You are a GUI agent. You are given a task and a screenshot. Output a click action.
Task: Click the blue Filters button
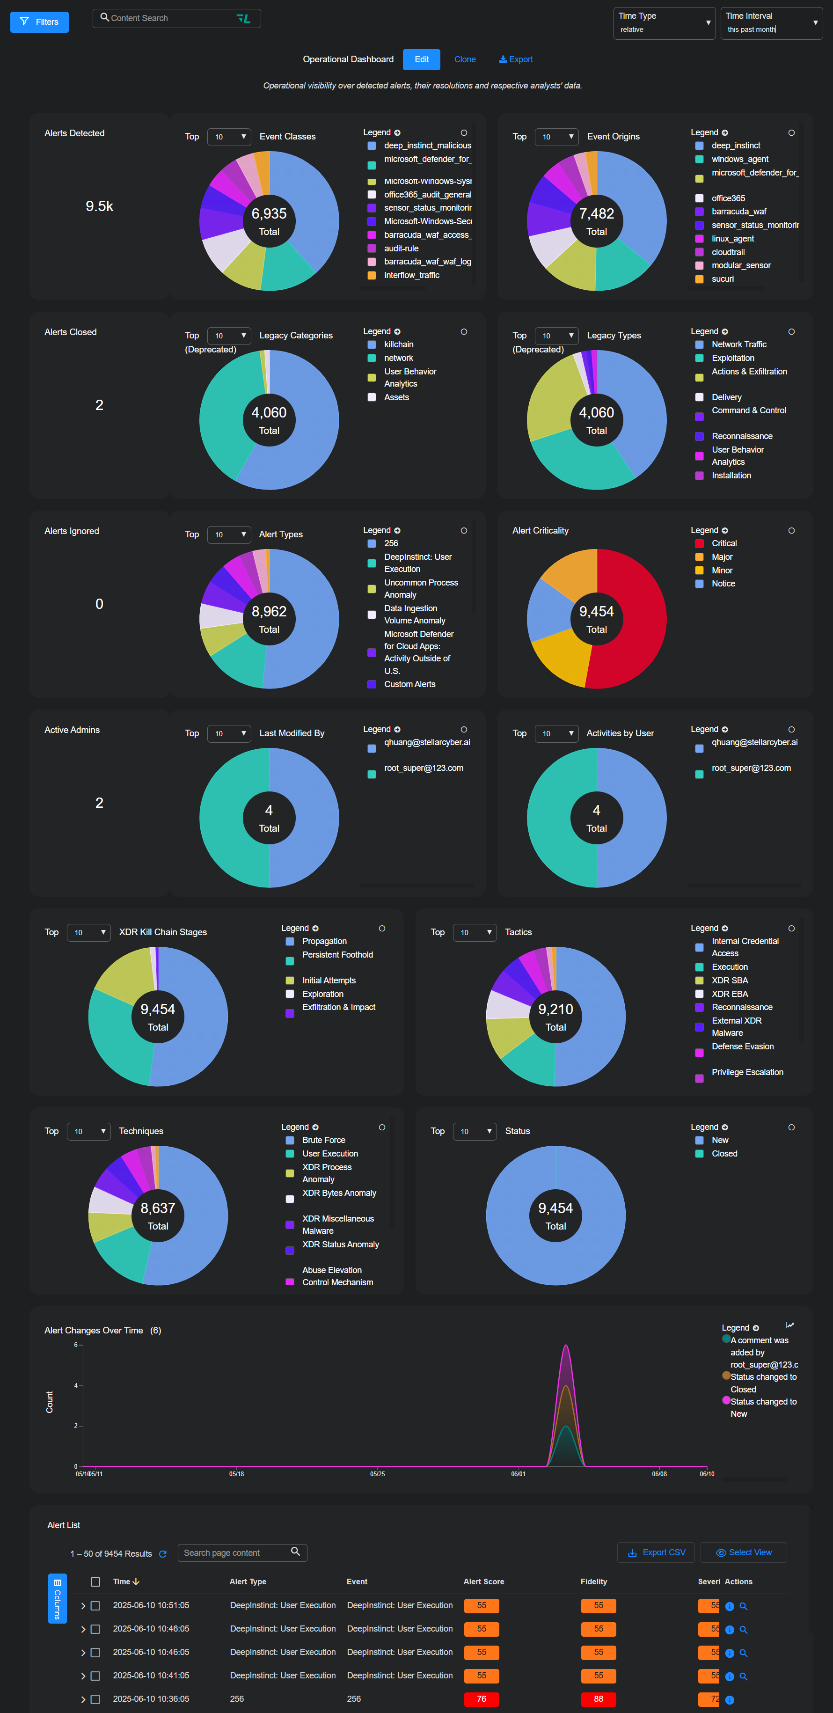[39, 22]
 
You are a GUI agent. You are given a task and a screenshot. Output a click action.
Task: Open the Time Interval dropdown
[771, 23]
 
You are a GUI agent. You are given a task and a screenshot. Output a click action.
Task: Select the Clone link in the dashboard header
[465, 59]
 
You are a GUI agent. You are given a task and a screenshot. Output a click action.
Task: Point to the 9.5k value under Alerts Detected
[99, 206]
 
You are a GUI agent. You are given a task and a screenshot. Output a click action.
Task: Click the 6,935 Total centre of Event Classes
[269, 221]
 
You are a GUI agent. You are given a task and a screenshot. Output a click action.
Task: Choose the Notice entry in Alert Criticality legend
[723, 584]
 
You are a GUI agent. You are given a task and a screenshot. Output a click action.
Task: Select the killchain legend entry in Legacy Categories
[398, 344]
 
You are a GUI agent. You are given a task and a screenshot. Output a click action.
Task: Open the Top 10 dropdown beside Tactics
[475, 932]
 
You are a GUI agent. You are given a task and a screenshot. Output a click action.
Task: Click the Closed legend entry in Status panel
[724, 1154]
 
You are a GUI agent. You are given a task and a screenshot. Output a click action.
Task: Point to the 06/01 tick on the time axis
[518, 1474]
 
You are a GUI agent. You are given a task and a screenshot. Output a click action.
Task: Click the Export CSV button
[656, 1553]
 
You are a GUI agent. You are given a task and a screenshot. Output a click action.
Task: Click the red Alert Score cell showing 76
[482, 1699]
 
